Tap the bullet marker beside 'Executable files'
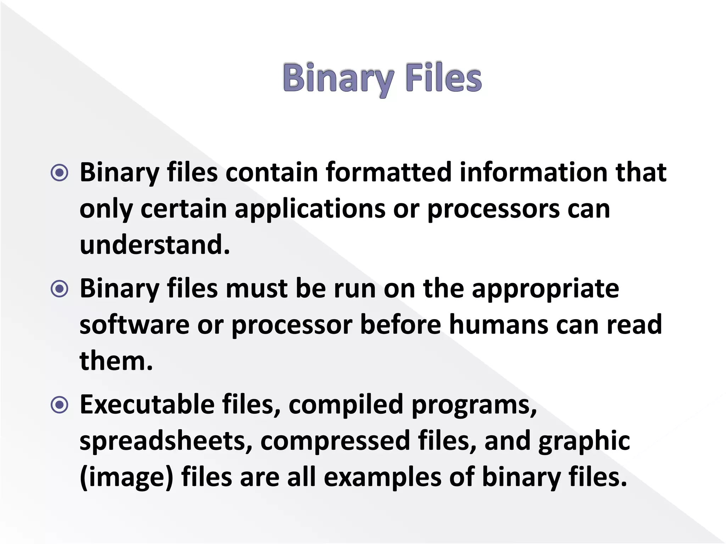(60, 404)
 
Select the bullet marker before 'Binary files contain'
(60, 173)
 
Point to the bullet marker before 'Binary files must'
(60, 289)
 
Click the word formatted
(389, 172)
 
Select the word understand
(155, 245)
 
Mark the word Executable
(147, 404)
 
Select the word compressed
(335, 441)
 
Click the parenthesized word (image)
(127, 477)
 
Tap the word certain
(184, 209)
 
